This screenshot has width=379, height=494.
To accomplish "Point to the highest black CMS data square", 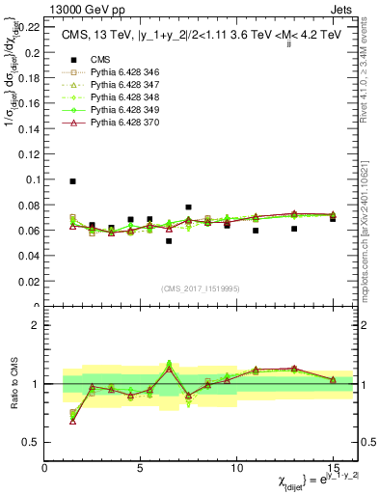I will click(73, 181).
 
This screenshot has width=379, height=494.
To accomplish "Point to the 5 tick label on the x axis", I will click(141, 468).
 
